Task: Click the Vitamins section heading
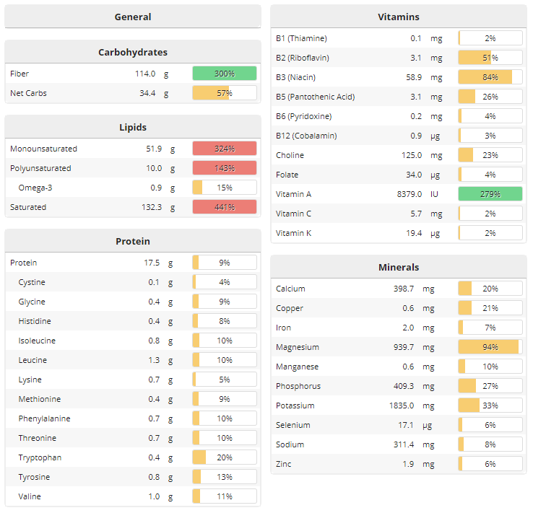(x=398, y=17)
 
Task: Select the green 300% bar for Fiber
(x=224, y=74)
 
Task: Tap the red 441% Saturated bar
(x=224, y=207)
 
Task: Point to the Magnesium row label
(x=297, y=347)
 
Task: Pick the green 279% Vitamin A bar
(x=490, y=194)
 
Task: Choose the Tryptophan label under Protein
(x=40, y=457)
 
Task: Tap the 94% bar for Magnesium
(x=490, y=347)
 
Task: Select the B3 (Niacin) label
(x=295, y=77)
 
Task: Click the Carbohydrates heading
(x=133, y=52)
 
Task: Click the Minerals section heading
(x=398, y=267)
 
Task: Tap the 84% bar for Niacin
(x=490, y=77)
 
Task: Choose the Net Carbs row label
(x=28, y=93)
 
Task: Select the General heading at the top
(x=133, y=17)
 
